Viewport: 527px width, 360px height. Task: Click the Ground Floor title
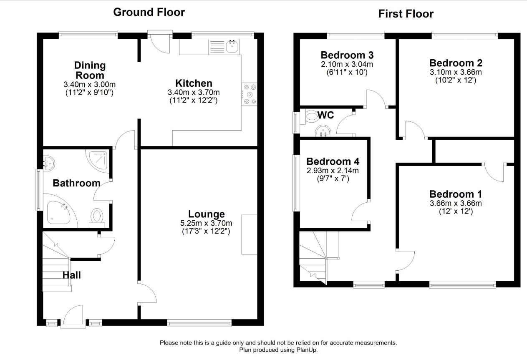[149, 12]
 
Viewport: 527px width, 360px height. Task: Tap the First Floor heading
[406, 14]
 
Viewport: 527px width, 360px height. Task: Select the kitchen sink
[233, 46]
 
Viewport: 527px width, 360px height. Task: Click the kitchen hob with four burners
[250, 94]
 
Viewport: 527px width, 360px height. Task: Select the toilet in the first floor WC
[311, 117]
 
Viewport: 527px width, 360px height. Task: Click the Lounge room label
[206, 214]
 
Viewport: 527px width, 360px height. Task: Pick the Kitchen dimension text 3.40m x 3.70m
[194, 92]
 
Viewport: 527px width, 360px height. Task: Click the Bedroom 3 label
[347, 55]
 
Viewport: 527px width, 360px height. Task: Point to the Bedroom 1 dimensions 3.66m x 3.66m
[456, 203]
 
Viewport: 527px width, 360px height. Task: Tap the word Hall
[71, 275]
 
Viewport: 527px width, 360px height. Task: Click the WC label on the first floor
[325, 115]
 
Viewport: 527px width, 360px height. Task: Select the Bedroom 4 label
[333, 161]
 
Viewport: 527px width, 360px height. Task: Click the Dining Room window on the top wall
[88, 35]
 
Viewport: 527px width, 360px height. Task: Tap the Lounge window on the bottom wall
[199, 323]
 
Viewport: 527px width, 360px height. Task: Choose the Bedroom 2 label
[456, 63]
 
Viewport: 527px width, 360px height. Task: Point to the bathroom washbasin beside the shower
[49, 163]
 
